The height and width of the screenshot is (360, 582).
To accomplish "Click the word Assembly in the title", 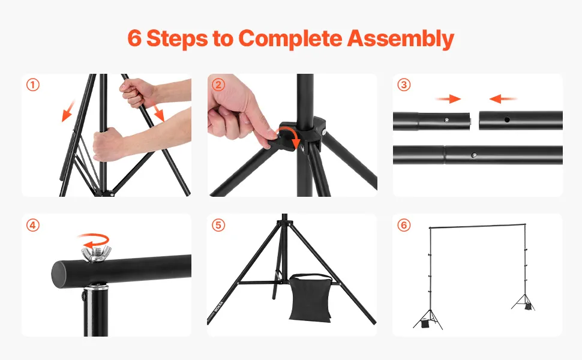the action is [400, 38].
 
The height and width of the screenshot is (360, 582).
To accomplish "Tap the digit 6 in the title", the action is [134, 38].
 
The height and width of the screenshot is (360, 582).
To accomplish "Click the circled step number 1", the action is [32, 85].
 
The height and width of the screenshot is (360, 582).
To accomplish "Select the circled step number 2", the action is [218, 85].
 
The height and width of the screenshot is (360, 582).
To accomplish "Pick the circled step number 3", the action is [404, 85].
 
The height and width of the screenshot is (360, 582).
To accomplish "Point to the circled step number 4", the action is [32, 225].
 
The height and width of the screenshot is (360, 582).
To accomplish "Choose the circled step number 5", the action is [218, 225].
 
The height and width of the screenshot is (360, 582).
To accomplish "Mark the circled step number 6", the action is [404, 225].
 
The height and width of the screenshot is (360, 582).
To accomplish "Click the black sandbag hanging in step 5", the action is [310, 298].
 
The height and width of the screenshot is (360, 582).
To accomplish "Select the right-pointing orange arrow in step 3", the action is [448, 99].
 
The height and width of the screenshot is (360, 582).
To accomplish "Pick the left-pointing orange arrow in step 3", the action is [503, 99].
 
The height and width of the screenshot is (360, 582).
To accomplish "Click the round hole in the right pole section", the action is [507, 119].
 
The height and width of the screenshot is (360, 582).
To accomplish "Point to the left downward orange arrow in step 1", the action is [68, 111].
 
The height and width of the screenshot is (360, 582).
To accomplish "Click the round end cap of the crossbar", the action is [59, 274].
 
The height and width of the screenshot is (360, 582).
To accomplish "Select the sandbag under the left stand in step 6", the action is [425, 324].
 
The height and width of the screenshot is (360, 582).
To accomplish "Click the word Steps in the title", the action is [176, 38].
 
